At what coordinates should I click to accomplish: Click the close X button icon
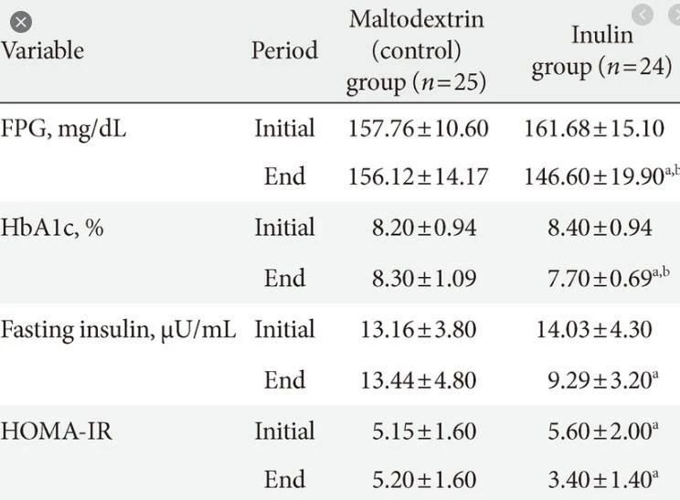pyautogui.click(x=21, y=22)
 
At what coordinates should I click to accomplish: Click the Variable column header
pyautogui.click(x=42, y=50)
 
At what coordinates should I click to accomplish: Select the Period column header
pyautogui.click(x=284, y=50)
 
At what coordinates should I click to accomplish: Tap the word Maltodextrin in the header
pyautogui.click(x=417, y=19)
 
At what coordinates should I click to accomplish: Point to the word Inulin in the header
pyautogui.click(x=602, y=35)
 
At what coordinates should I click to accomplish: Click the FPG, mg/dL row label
pyautogui.click(x=63, y=129)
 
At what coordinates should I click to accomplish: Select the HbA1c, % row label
pyautogui.click(x=51, y=228)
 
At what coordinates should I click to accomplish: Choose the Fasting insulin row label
pyautogui.click(x=118, y=330)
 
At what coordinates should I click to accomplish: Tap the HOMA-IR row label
pyautogui.click(x=56, y=431)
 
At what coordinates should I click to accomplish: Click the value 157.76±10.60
pyautogui.click(x=418, y=129)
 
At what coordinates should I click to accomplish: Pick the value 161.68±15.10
pyautogui.click(x=594, y=129)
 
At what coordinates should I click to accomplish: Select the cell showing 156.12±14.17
pyautogui.click(x=418, y=176)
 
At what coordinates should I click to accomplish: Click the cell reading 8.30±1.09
pyautogui.click(x=424, y=278)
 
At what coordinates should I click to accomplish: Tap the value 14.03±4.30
pyautogui.click(x=594, y=329)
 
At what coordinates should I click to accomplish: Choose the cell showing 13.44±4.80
pyautogui.click(x=418, y=380)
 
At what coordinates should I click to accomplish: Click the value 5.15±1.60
pyautogui.click(x=424, y=431)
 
